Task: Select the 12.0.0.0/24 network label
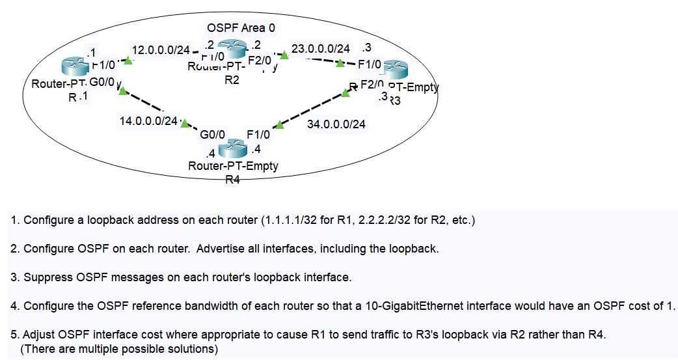(x=160, y=50)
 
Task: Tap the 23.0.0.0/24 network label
(x=320, y=49)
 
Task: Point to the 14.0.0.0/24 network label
(x=148, y=121)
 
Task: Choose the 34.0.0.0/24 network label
(x=336, y=124)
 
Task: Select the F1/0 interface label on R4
(x=258, y=135)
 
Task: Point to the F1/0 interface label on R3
(x=370, y=64)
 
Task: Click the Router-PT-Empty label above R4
(x=232, y=166)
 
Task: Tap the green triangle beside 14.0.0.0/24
(x=185, y=123)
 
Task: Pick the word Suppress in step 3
(x=49, y=277)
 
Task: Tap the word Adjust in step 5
(x=40, y=335)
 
